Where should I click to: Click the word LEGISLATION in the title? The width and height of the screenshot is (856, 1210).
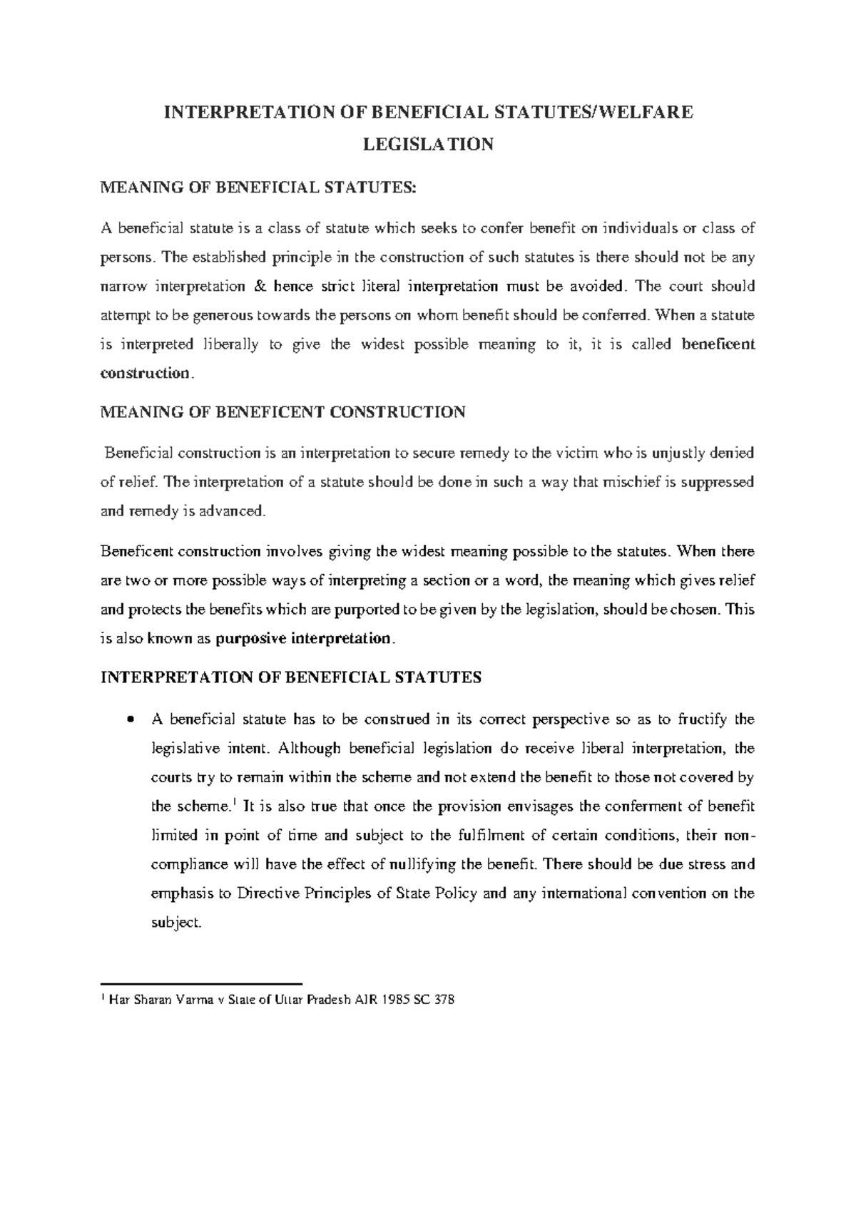[428, 145]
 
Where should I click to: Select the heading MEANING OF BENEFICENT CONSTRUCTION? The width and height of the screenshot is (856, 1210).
[283, 412]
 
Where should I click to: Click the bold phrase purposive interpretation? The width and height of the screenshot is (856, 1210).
[303, 639]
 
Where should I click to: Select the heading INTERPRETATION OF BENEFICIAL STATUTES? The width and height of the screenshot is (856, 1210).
[292, 677]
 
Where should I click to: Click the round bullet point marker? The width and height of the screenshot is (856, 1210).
[130, 720]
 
